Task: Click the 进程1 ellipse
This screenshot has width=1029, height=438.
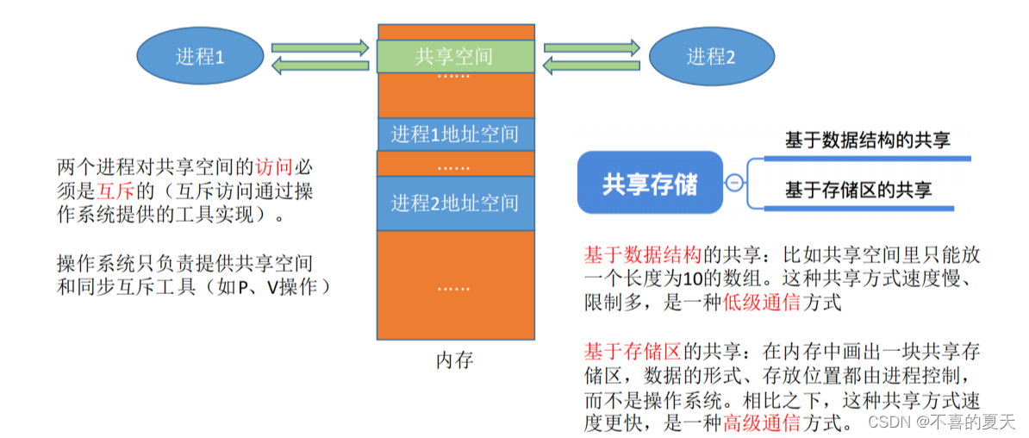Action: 199,57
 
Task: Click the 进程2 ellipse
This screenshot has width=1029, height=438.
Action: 711,57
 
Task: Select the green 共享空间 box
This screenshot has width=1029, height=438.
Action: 455,57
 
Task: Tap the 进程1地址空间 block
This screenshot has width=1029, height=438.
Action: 455,135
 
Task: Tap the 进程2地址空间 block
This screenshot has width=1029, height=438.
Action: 455,203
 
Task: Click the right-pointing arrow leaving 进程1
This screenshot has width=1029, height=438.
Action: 320,46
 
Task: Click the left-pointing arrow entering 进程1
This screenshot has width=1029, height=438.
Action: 320,66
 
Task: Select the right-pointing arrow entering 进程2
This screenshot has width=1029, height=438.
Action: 591,46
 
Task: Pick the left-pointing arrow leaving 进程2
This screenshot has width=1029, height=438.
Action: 591,66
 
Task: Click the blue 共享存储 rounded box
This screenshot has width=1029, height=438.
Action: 650,183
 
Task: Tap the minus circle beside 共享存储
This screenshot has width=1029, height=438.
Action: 734,183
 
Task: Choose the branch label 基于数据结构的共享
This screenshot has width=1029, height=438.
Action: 867,140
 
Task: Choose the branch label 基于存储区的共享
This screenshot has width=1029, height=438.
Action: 857,190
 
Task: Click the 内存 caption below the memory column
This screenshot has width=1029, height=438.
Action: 454,360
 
